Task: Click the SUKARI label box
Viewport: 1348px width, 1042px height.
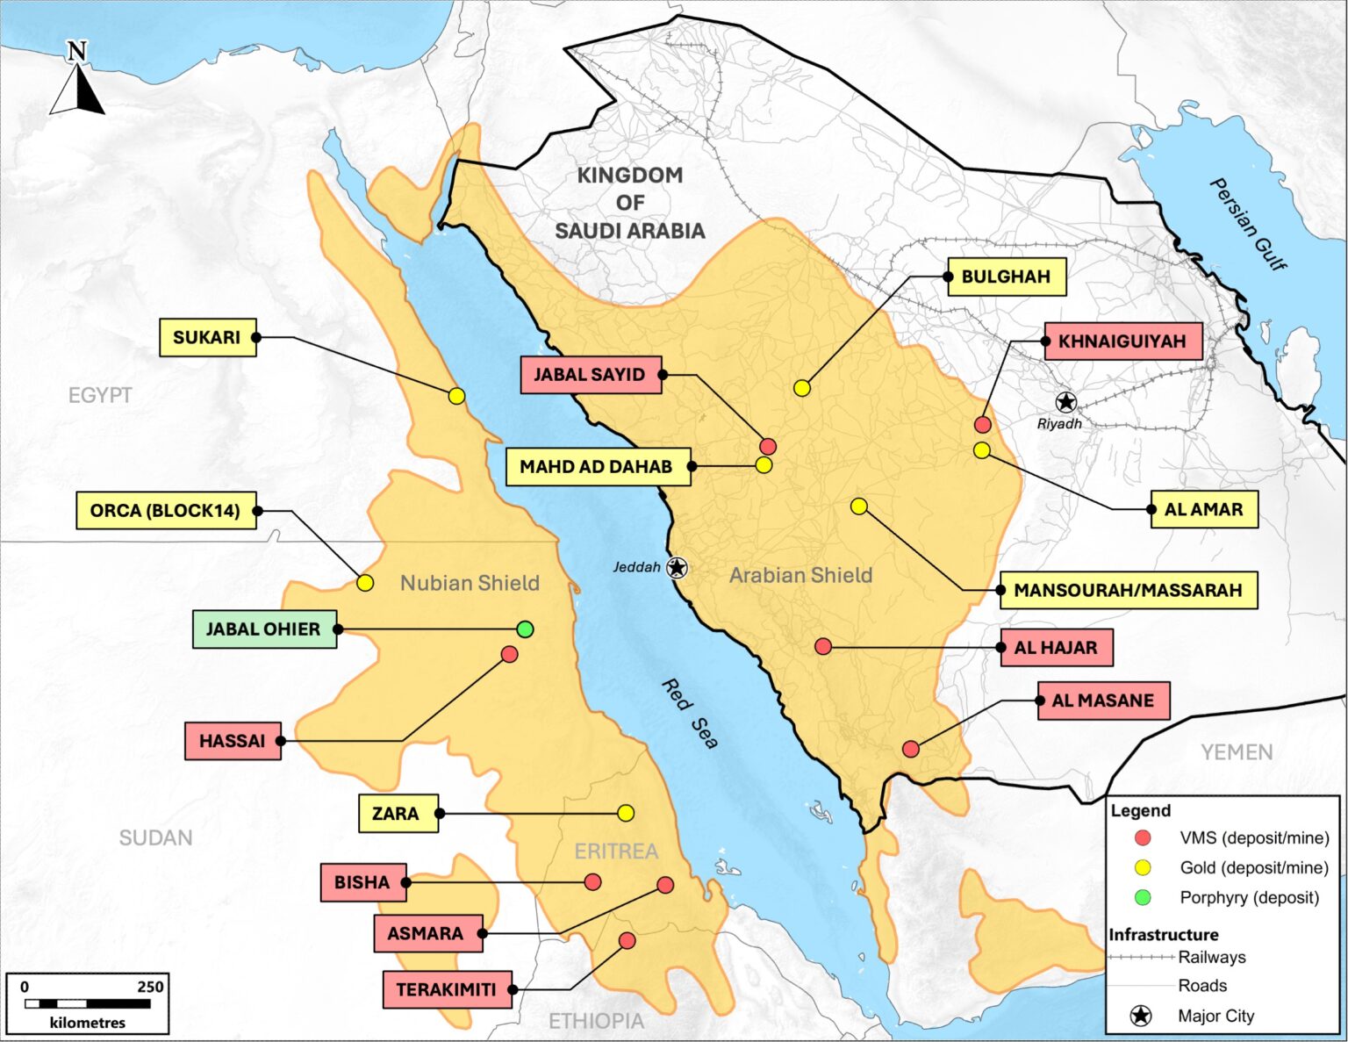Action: point(207,338)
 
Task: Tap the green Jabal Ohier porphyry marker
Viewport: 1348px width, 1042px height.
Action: point(525,629)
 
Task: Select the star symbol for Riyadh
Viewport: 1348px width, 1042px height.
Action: point(1065,402)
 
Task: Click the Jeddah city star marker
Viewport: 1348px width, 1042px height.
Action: point(677,567)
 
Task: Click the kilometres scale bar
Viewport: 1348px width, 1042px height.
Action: point(87,1002)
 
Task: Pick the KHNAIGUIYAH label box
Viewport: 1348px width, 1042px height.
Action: point(1122,341)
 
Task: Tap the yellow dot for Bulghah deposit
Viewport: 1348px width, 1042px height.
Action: point(802,388)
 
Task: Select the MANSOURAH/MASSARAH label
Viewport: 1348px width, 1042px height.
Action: point(1128,590)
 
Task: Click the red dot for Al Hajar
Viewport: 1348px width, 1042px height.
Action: point(823,647)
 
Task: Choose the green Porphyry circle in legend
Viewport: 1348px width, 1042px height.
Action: point(1143,897)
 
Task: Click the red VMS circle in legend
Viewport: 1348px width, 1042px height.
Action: point(1143,837)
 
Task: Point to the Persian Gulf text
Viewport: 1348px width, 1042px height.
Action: point(1247,225)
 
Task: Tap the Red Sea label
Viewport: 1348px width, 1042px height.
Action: point(690,714)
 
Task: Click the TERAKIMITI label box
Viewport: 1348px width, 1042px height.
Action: point(447,989)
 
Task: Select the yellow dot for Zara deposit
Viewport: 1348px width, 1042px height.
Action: point(626,813)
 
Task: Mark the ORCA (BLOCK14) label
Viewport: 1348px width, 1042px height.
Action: point(166,510)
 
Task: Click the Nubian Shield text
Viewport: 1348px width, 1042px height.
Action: point(470,583)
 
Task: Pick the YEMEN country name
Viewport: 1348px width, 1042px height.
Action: point(1237,752)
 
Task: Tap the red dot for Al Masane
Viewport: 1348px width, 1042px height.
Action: point(911,749)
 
